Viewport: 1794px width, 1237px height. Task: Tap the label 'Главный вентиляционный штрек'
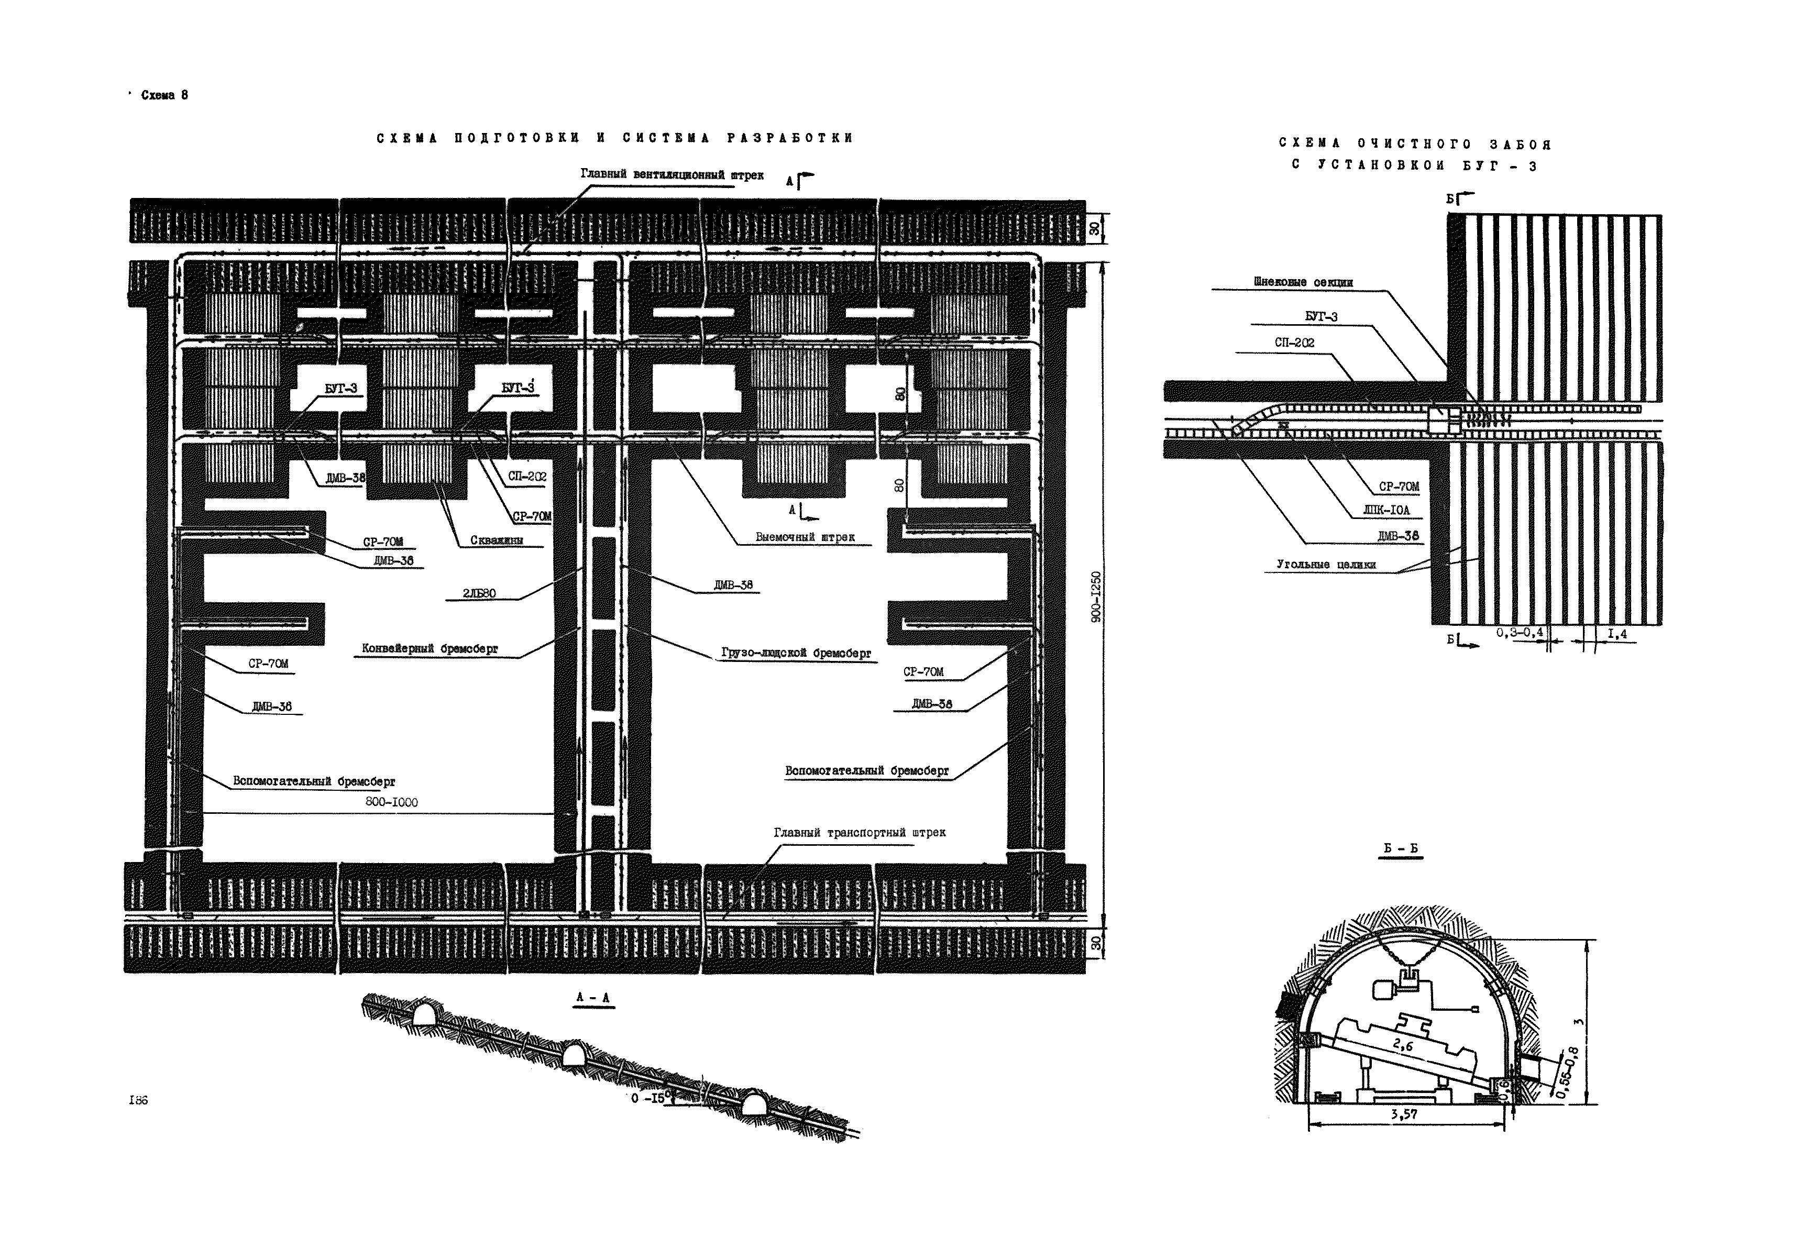pos(672,175)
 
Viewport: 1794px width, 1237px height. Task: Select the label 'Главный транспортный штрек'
pos(859,832)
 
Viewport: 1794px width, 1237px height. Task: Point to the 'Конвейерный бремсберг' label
pos(430,649)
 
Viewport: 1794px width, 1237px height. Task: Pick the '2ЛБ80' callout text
pos(479,594)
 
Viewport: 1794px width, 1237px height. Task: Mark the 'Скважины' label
pos(496,540)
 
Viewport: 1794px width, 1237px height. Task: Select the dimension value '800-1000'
pos(391,802)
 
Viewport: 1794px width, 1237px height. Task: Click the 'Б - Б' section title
pos(1401,849)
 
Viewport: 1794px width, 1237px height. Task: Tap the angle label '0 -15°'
pos(649,1098)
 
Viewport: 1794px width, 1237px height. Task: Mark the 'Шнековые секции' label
pos(1303,282)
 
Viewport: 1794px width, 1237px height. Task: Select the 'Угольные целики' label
pos(1326,565)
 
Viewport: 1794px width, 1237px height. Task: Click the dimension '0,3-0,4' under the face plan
pos(1519,633)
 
